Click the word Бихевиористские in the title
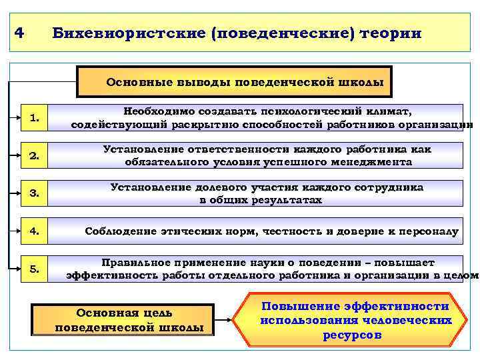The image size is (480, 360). pos(127,33)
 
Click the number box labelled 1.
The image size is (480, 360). pos(35,119)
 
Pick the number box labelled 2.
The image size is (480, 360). pos(35,157)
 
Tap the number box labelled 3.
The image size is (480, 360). pos(35,195)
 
